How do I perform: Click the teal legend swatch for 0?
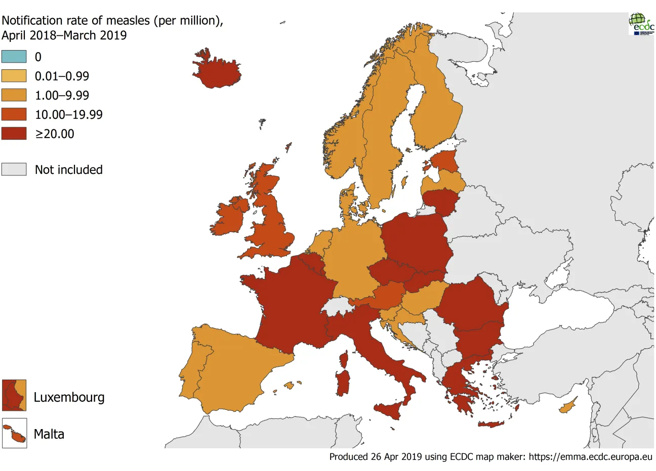coord(14,57)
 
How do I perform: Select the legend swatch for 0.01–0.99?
coord(14,76)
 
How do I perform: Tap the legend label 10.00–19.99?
coord(68,115)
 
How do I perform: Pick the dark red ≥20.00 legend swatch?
coord(14,133)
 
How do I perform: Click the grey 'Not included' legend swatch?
coord(14,169)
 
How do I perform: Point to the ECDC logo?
coord(641,23)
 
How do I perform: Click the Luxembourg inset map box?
coord(14,395)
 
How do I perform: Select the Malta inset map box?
coord(14,434)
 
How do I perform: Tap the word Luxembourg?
coord(69,397)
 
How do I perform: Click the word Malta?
coord(49,434)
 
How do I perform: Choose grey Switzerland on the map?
coord(338,306)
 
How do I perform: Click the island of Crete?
coord(491,424)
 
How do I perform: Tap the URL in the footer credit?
coord(591,457)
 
